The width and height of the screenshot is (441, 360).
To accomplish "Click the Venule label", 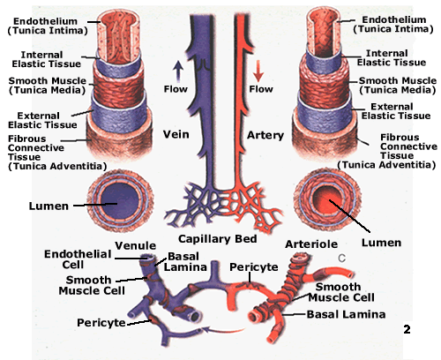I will click(136, 244).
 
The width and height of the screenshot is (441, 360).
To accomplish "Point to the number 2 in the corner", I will click(407, 329).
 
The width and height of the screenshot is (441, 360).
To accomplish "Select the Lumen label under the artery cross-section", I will click(382, 241).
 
